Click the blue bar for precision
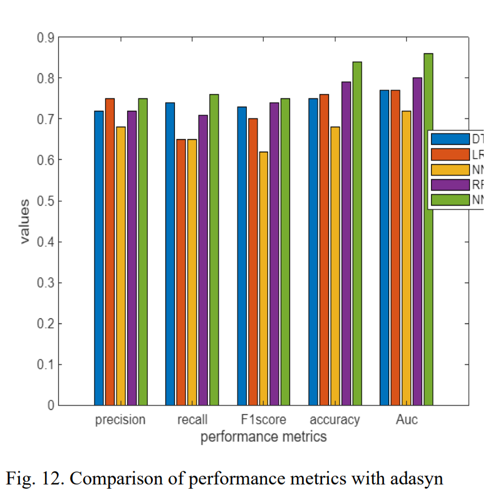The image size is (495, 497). [x=98, y=258]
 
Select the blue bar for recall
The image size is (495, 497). [x=170, y=254]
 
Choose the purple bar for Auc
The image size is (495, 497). [x=417, y=241]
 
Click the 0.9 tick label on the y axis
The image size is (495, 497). [x=44, y=38]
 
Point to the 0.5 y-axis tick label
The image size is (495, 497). [x=44, y=201]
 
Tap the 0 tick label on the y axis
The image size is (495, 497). [x=50, y=405]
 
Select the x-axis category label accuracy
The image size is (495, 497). [x=335, y=419]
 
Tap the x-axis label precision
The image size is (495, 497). [x=120, y=419]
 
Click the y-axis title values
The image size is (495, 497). [x=24, y=221]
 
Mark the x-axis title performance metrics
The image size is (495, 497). [x=263, y=437]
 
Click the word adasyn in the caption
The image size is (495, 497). [x=410, y=479]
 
